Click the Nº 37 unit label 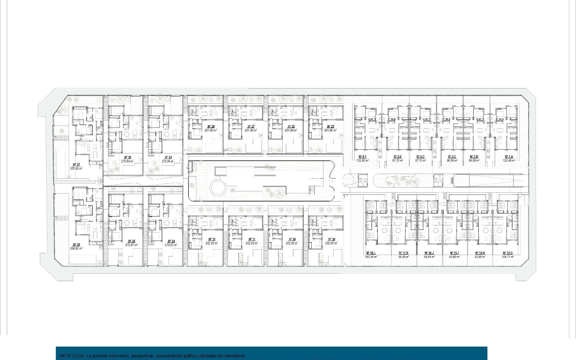[x=76, y=164]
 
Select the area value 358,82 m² [x=76, y=248]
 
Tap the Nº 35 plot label [x=127, y=157]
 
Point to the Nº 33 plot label [x=168, y=157]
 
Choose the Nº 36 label [x=131, y=241]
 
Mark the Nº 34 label [x=171, y=241]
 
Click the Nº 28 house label [x=211, y=127]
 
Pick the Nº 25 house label [x=330, y=127]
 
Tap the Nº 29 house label [x=331, y=239]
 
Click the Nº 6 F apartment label [x=363, y=157]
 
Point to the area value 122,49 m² [x=509, y=160]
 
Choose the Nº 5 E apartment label [x=397, y=157]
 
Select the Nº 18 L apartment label [x=371, y=253]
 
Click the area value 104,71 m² [x=507, y=257]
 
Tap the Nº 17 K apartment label [x=403, y=253]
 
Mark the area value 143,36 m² [x=371, y=257]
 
